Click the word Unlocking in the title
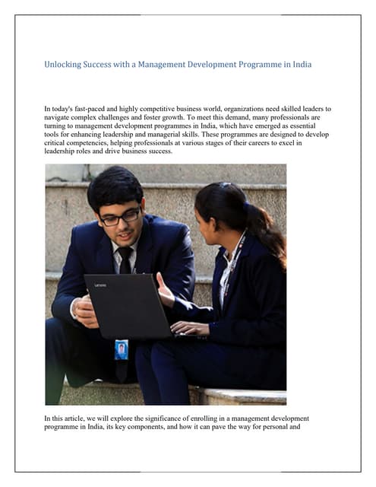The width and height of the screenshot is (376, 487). pos(65,65)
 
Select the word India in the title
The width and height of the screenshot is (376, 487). pos(298,65)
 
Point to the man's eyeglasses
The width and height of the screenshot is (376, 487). pos(120,218)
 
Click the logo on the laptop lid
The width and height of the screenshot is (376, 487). pos(100,285)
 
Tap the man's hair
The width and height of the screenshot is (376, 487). pos(114,183)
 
